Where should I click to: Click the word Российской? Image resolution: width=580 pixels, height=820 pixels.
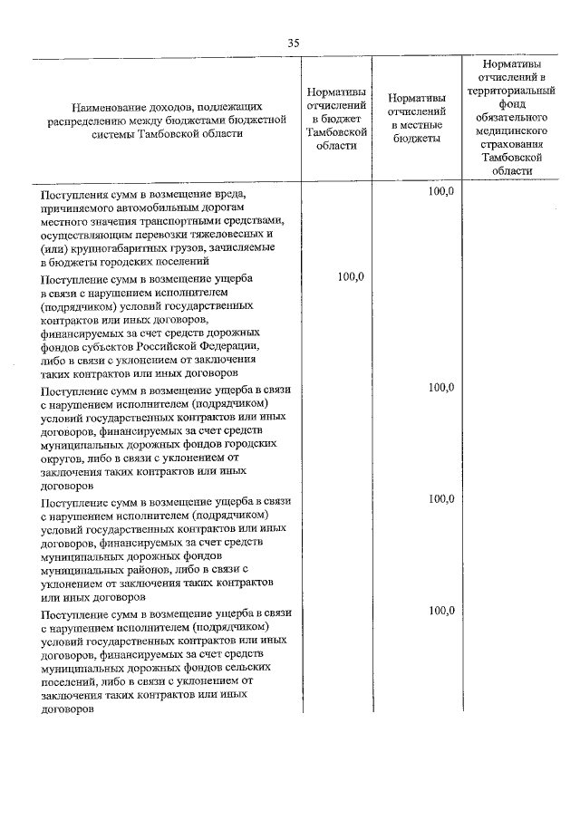173,346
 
